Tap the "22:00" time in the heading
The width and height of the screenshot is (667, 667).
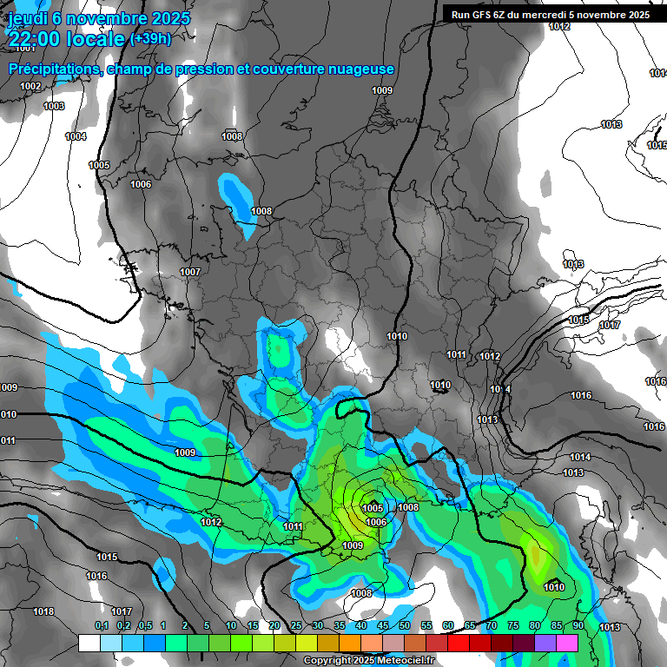pyautogui.click(x=36, y=38)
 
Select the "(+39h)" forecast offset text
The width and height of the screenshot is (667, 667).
pyautogui.click(x=150, y=38)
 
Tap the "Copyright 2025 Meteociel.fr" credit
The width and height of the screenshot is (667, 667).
pyautogui.click(x=370, y=661)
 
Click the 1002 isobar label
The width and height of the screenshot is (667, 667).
pyautogui.click(x=30, y=87)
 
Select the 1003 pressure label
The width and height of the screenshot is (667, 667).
pyautogui.click(x=54, y=107)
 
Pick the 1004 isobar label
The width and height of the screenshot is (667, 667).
pyautogui.click(x=76, y=137)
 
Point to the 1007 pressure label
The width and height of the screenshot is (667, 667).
pyautogui.click(x=190, y=273)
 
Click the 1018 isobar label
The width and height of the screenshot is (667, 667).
pyautogui.click(x=43, y=611)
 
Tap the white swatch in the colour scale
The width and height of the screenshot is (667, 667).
pyautogui.click(x=89, y=644)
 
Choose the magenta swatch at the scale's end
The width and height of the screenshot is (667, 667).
pyautogui.click(x=566, y=644)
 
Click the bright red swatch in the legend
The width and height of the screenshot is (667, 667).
pyautogui.click(x=458, y=644)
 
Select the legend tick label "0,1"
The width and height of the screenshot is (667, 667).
pyautogui.click(x=101, y=626)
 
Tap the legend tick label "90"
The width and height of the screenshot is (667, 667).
pyautogui.click(x=578, y=626)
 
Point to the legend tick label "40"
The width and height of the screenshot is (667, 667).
pyautogui.click(x=360, y=626)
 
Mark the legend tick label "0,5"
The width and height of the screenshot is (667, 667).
pyautogui.click(x=144, y=626)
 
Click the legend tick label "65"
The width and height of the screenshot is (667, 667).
pyautogui.click(x=469, y=626)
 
